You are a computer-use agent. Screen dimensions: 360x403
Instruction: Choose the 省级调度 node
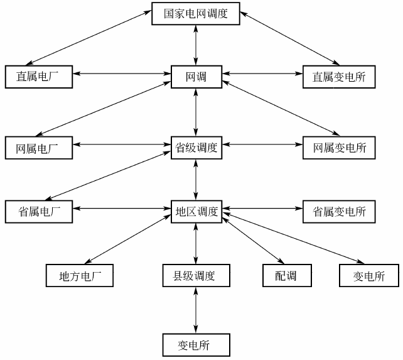(x=196, y=148)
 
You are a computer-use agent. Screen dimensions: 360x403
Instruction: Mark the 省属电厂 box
(x=38, y=211)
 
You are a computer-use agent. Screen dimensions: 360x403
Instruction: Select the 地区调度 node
(x=196, y=211)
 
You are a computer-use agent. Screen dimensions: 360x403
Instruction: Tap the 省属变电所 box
(x=339, y=211)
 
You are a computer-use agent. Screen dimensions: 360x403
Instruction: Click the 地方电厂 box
(x=80, y=275)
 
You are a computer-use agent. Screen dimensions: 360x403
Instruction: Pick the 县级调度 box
(x=196, y=275)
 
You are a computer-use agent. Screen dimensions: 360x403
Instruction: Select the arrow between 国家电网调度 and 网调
(x=197, y=45)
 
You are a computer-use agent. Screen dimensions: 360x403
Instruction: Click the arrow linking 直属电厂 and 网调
(x=122, y=75)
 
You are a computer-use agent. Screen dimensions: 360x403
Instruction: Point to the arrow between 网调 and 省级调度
(x=197, y=112)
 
